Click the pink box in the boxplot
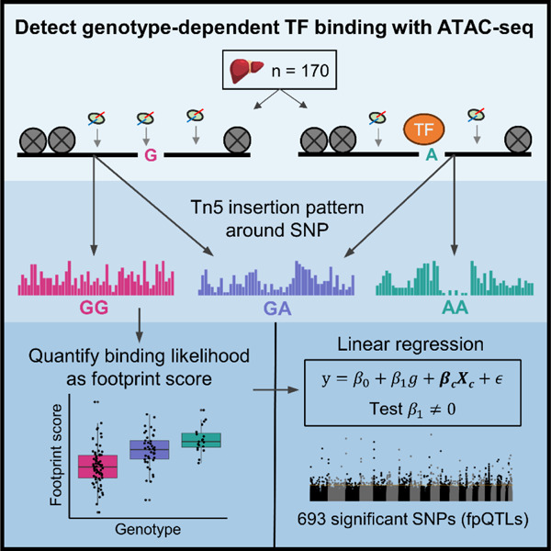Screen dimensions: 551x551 tap(96, 467)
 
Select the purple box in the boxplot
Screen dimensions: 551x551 tap(148, 449)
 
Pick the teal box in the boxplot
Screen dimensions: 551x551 tap(201, 441)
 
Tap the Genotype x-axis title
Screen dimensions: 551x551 tap(148, 530)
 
